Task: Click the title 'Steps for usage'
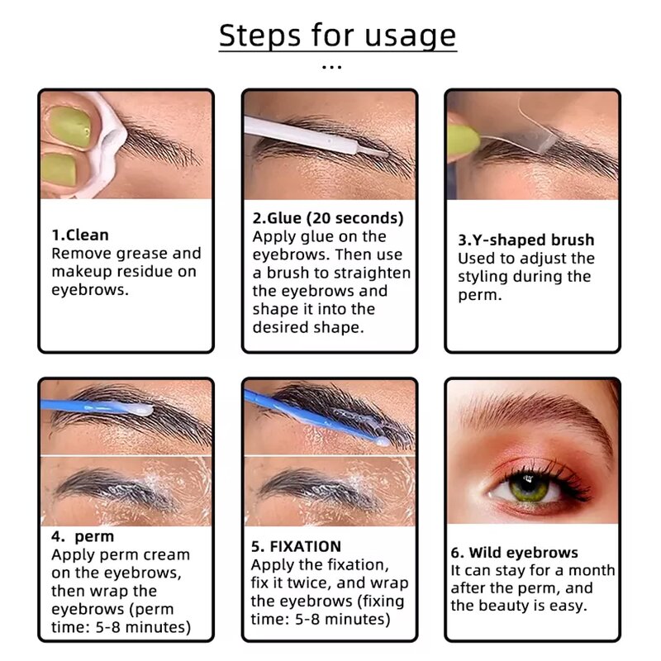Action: click(x=337, y=36)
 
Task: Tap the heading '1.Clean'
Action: click(x=80, y=235)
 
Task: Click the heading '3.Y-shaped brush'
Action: click(x=525, y=240)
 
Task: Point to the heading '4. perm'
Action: click(x=83, y=536)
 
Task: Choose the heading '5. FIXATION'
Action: click(x=296, y=546)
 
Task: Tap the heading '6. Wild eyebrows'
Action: click(x=514, y=553)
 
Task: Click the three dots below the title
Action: click(x=331, y=67)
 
